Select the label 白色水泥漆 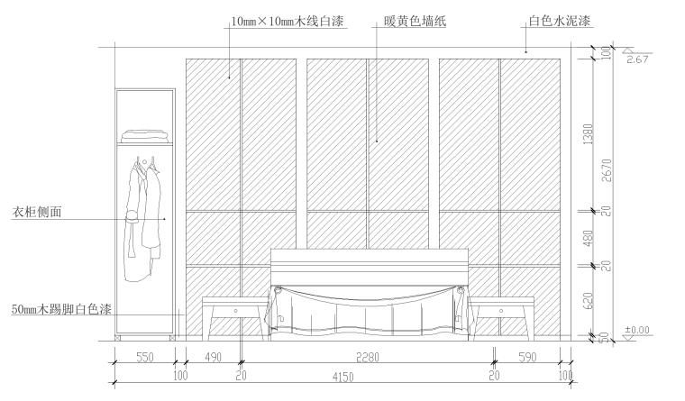(x=559, y=20)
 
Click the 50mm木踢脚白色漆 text (x=60, y=309)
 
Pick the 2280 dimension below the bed (x=366, y=358)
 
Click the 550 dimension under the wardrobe (x=143, y=358)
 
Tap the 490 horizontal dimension (x=213, y=358)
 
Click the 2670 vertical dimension (x=607, y=170)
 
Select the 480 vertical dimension (x=588, y=238)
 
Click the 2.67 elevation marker (x=636, y=59)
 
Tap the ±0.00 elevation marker (x=637, y=331)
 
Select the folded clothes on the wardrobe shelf (x=145, y=135)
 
